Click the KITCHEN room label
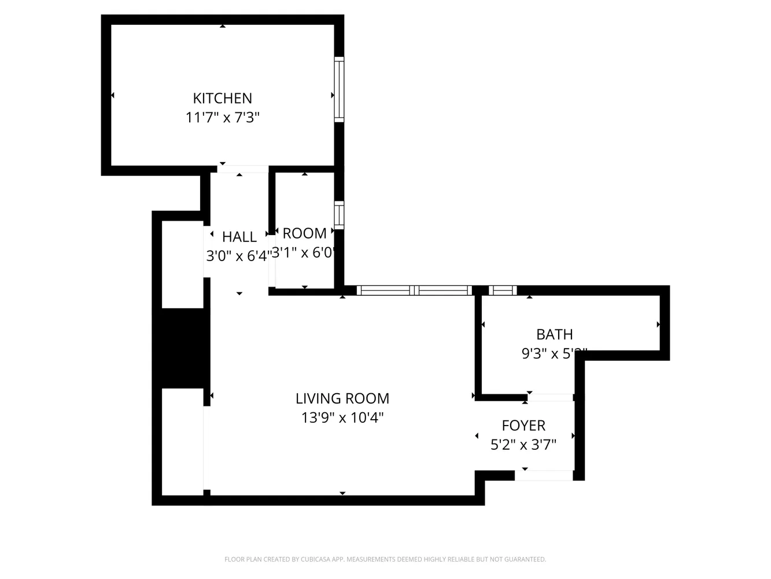[222, 98]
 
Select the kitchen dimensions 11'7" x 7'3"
[222, 118]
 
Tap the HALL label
[239, 236]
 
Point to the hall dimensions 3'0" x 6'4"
[238, 255]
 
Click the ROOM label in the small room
[304, 233]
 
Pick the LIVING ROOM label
[342, 398]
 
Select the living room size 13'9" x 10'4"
[342, 417]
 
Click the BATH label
[555, 334]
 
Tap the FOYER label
[523, 426]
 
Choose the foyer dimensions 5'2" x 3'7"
[523, 445]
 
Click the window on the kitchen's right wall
[339, 89]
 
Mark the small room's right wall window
[339, 214]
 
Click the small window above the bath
[502, 291]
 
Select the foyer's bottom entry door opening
[544, 475]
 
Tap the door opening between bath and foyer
[550, 397]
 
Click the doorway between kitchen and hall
[243, 169]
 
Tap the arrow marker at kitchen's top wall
[223, 26]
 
